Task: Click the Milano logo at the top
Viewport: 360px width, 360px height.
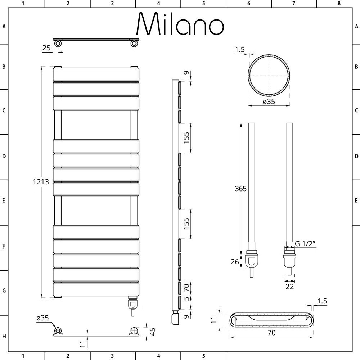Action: [180, 24]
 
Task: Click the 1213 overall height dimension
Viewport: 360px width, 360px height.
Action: [41, 182]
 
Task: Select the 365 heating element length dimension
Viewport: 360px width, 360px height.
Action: [240, 189]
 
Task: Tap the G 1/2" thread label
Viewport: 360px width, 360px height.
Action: [305, 244]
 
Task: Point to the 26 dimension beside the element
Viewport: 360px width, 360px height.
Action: [235, 261]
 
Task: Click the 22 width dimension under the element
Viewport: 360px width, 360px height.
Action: [289, 287]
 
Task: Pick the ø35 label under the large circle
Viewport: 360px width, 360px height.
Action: [269, 102]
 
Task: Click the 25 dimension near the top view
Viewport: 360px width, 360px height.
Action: [46, 48]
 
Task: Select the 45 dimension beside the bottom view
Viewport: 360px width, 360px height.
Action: [152, 332]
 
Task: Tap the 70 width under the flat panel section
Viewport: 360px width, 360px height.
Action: [271, 333]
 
